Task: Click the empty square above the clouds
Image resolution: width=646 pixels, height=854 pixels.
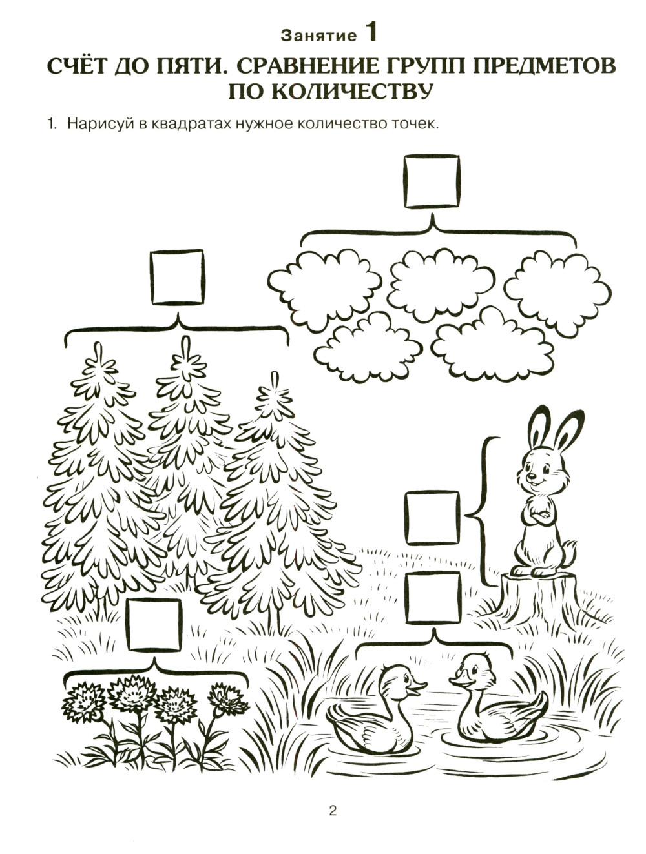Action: pos(432,181)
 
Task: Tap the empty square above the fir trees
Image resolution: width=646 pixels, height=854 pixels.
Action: pos(178,277)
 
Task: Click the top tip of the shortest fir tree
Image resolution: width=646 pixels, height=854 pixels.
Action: pos(275,373)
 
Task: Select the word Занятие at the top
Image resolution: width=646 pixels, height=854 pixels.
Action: pos(318,36)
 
